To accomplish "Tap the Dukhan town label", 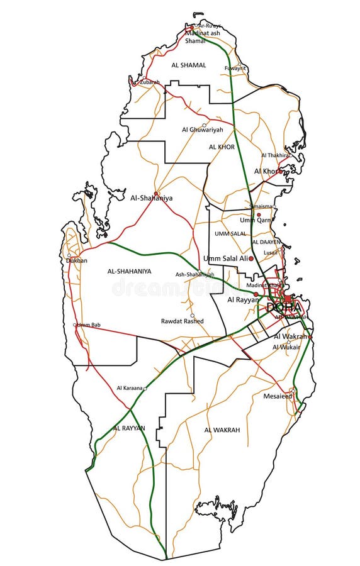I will click(x=77, y=260).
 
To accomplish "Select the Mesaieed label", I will click(x=278, y=396).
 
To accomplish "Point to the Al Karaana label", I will click(x=129, y=388).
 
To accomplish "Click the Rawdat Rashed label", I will click(x=182, y=321).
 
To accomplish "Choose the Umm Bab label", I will click(x=89, y=325).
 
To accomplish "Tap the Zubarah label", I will click(x=150, y=82).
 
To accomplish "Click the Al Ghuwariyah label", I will click(x=199, y=130).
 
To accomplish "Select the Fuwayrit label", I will click(x=235, y=68).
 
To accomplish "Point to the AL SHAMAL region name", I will click(x=188, y=65).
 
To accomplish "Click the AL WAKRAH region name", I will click(x=222, y=430).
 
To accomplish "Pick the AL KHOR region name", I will click(x=222, y=147).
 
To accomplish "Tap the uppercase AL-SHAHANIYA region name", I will click(x=129, y=271).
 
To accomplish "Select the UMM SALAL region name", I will click(x=230, y=233).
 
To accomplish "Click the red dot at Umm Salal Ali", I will click(x=251, y=258).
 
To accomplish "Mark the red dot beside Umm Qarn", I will click(x=259, y=214).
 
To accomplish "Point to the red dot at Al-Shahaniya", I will click(x=156, y=193).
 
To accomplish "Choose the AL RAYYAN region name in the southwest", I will click(x=129, y=428).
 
